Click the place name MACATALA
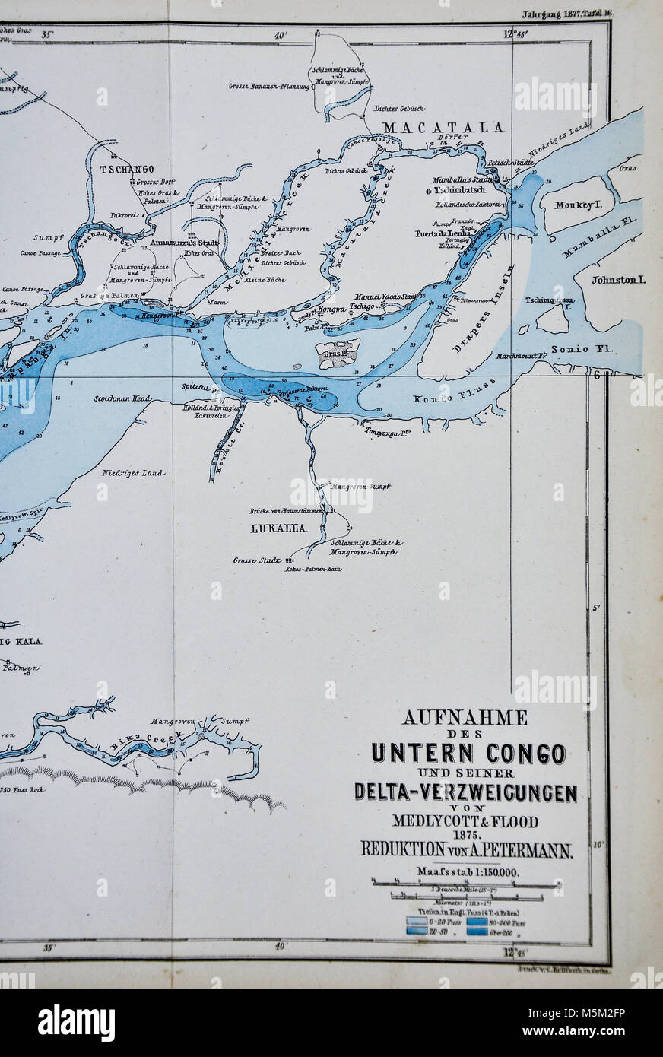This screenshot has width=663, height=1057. [444, 127]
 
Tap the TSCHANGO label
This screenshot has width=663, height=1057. [126, 169]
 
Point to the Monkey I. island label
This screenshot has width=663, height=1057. [578, 205]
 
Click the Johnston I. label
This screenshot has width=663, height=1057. [618, 280]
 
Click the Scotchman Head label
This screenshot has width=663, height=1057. [122, 398]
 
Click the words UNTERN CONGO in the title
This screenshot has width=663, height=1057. [468, 753]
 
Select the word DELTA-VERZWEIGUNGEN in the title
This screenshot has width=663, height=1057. [465, 792]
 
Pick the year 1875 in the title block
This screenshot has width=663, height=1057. [465, 834]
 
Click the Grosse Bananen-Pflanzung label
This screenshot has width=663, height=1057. [269, 87]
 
